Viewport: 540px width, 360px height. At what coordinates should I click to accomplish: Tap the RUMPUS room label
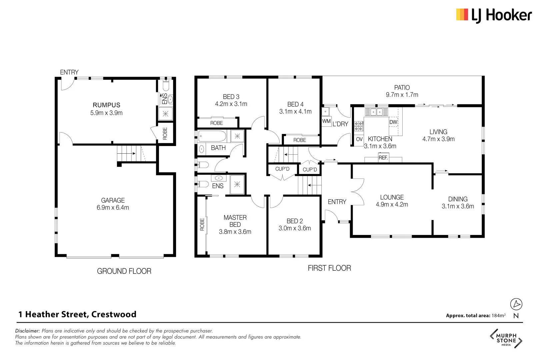[x=106, y=105]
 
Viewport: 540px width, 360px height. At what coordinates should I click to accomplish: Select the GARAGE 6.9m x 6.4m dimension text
[x=113, y=208]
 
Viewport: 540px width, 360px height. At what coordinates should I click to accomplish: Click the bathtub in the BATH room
[x=212, y=136]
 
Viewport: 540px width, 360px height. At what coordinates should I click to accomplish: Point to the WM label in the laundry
[x=326, y=121]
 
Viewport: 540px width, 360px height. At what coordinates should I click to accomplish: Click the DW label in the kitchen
[x=393, y=122]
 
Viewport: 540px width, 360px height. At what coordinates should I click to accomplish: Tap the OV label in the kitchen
[x=359, y=139]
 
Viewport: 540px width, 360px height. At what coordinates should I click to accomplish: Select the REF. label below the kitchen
[x=383, y=158]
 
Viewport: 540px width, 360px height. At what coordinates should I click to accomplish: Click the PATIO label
[x=402, y=88]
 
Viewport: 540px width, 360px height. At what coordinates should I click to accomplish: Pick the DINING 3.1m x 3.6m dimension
[x=458, y=206]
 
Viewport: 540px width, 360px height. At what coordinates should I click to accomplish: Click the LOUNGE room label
[x=392, y=197]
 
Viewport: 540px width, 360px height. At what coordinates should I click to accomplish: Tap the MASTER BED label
[x=235, y=221]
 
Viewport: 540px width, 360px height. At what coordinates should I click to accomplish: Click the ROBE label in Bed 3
[x=216, y=123]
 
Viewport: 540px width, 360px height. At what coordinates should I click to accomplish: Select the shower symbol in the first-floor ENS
[x=237, y=184]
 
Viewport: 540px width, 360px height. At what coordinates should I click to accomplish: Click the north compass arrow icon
[x=516, y=304]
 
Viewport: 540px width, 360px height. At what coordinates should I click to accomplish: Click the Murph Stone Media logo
[x=506, y=339]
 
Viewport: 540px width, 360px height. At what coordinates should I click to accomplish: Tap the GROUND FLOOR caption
[x=124, y=271]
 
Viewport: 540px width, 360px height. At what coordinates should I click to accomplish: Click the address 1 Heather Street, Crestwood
[x=77, y=314]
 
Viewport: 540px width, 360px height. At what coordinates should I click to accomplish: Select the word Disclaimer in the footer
[x=27, y=331]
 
